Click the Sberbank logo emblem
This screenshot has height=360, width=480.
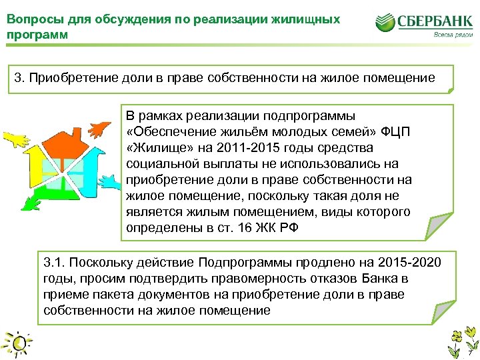click(387, 23)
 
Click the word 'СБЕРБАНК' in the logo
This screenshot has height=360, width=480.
click(435, 21)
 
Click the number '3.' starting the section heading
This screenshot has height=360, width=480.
click(19, 78)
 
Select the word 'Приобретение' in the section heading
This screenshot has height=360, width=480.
click(61, 78)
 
